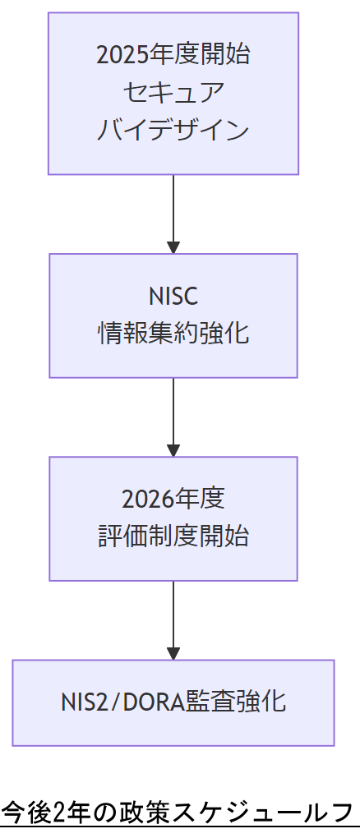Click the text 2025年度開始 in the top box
(173, 55)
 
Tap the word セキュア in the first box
(173, 92)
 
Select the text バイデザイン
(173, 130)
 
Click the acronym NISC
(173, 296)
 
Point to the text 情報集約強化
(173, 334)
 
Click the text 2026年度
(173, 499)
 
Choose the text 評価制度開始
(173, 536)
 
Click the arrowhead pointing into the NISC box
(173, 246)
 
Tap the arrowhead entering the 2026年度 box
(173, 449)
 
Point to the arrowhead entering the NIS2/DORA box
(173, 653)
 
